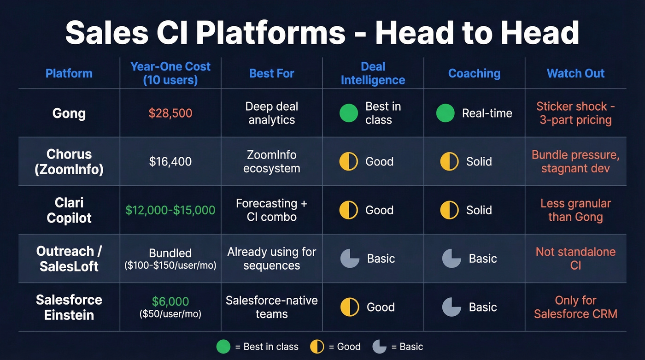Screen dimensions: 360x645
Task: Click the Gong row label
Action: point(69,113)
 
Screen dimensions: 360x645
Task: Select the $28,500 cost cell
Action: point(170,113)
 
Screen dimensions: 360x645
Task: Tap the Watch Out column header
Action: point(575,73)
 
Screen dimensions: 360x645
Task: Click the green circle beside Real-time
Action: point(445,113)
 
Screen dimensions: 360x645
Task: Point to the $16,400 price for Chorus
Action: point(170,161)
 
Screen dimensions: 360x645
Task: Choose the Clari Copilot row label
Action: point(69,210)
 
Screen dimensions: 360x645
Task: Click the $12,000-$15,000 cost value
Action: point(170,210)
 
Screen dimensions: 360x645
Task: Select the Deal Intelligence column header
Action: point(373,73)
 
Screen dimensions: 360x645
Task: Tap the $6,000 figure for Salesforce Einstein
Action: point(170,301)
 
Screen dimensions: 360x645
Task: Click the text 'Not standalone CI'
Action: point(575,258)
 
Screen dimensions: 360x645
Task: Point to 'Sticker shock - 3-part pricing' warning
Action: point(575,113)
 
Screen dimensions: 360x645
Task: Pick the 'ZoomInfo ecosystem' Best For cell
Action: point(271,161)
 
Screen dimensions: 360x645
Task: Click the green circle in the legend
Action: point(223,347)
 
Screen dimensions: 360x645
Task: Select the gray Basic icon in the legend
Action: point(379,347)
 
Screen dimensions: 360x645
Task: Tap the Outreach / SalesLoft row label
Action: point(69,258)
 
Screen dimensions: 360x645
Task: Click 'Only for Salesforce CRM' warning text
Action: point(575,307)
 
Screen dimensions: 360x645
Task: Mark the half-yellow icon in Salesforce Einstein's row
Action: point(350,307)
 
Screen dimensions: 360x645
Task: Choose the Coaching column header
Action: point(474,73)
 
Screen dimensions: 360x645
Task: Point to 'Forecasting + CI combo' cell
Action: point(271,210)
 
